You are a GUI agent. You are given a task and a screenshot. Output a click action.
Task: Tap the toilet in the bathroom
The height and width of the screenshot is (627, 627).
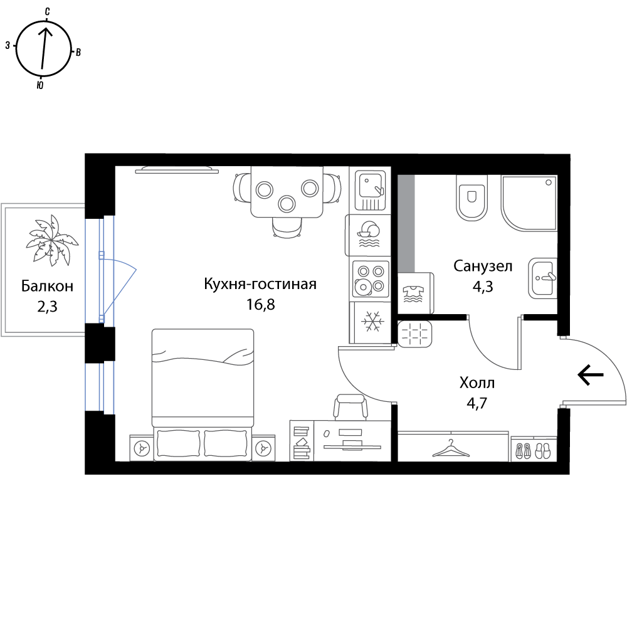(472, 198)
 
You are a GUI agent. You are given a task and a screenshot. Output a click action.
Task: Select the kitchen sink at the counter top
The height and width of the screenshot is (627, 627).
(371, 190)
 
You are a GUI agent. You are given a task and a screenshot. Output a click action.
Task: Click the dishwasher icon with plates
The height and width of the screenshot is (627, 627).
(369, 234)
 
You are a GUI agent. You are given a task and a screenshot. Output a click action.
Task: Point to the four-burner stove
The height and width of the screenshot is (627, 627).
(371, 279)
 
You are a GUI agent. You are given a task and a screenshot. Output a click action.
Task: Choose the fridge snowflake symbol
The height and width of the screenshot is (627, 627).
(372, 322)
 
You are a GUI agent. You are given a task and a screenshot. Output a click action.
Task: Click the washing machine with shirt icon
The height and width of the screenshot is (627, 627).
(414, 293)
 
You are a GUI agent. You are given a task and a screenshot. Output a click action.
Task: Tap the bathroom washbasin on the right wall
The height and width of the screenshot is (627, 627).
(542, 278)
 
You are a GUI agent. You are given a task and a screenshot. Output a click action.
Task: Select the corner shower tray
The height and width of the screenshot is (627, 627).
(529, 203)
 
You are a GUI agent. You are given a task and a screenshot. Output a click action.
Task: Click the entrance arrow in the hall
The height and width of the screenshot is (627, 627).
(591, 375)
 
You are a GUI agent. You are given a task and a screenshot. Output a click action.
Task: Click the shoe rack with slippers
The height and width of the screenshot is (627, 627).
(534, 449)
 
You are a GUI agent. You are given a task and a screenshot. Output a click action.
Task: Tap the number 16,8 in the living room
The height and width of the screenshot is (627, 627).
(261, 305)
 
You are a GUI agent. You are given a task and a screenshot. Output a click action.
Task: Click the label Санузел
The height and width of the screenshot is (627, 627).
(483, 266)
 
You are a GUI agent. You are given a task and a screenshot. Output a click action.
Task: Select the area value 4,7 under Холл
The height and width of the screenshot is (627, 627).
(477, 403)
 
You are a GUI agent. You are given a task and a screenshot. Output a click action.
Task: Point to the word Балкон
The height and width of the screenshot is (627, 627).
(47, 287)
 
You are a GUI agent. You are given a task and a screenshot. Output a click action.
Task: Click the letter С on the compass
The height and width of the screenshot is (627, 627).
(47, 11)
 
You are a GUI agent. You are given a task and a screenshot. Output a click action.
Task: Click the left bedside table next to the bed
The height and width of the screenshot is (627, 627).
(142, 448)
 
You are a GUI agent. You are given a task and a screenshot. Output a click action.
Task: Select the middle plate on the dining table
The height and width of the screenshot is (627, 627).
(287, 204)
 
